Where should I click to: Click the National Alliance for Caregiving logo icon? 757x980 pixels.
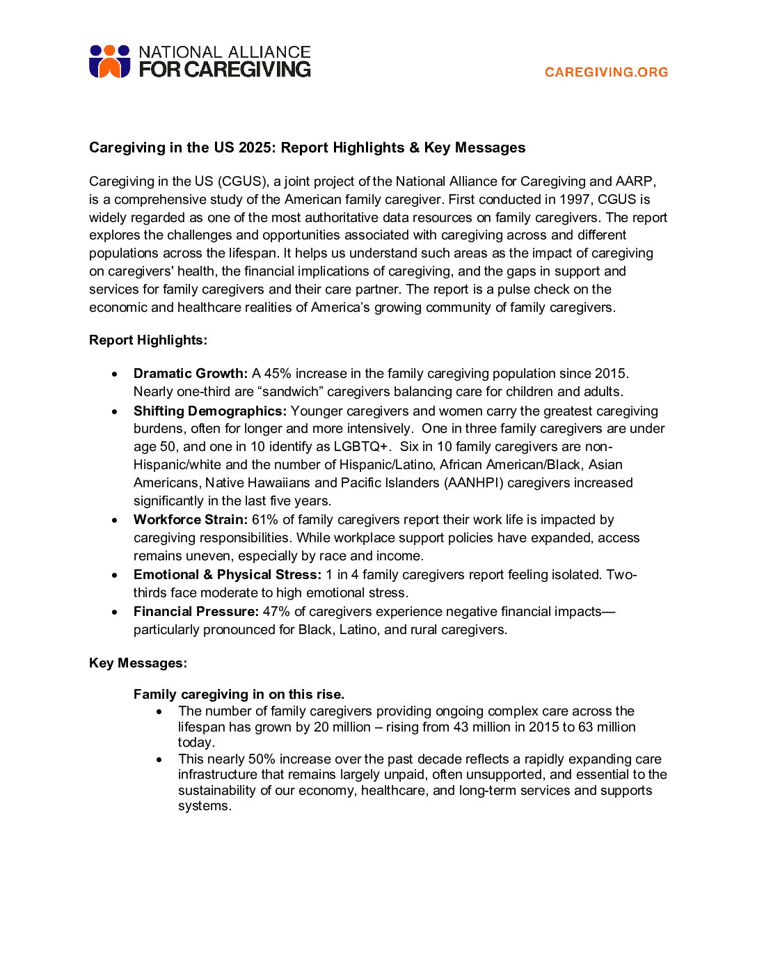point(110,61)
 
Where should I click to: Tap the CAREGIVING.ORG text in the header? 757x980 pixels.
point(606,72)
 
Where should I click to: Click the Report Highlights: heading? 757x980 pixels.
point(148,340)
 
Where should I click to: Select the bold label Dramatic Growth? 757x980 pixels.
point(191,374)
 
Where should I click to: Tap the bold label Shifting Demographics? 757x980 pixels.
point(210,411)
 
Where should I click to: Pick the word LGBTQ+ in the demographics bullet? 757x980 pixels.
point(362,447)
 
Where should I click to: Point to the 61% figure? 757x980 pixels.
point(265,520)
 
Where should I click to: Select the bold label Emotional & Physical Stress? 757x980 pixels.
point(228,575)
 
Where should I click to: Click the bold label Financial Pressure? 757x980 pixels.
point(196,612)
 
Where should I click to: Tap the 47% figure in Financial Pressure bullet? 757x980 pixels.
point(276,612)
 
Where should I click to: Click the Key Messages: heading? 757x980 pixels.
point(138,663)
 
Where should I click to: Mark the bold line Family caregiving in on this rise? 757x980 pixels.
point(239,695)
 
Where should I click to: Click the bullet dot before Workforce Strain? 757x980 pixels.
point(115,521)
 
